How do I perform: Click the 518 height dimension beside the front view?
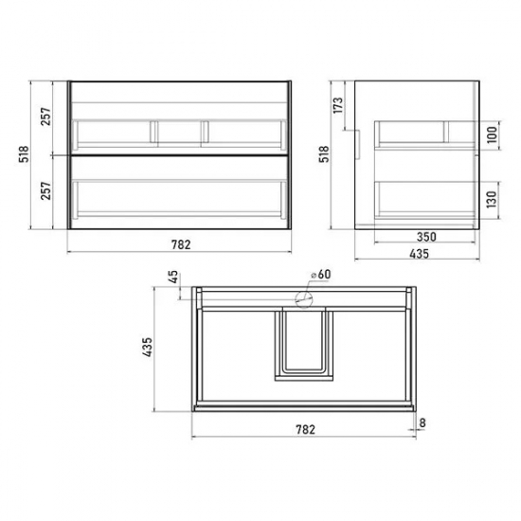point(24,153)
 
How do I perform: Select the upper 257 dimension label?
point(46,117)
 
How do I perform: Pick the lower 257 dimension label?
point(46,190)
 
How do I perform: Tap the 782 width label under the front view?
point(181,245)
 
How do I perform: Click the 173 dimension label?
point(338,105)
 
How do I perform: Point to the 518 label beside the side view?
point(324,153)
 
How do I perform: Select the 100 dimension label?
point(493,135)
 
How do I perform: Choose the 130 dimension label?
point(493,199)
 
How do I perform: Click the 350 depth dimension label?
point(426,237)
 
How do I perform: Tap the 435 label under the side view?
point(419,254)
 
